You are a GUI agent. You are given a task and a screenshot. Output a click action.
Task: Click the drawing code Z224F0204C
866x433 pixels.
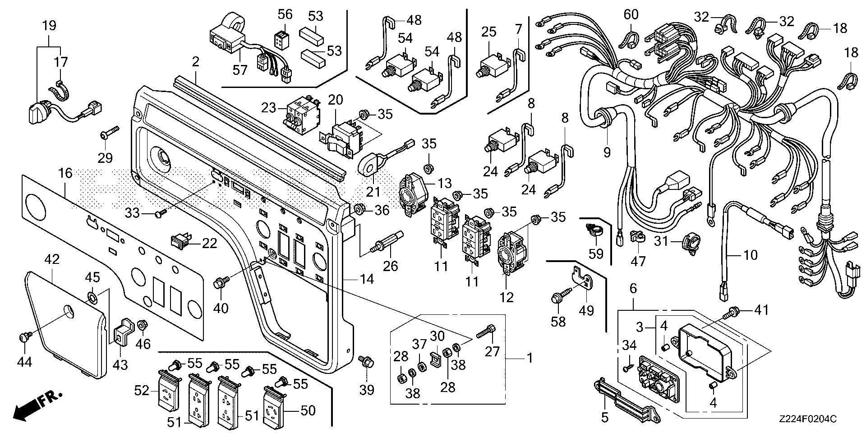807,419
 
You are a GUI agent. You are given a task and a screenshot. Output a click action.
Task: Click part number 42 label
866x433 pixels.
52,259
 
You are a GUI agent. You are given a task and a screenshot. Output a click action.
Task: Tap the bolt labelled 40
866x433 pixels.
221,283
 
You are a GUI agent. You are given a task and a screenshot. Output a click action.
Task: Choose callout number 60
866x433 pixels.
631,15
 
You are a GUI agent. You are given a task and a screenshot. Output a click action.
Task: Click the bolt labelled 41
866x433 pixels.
728,312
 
